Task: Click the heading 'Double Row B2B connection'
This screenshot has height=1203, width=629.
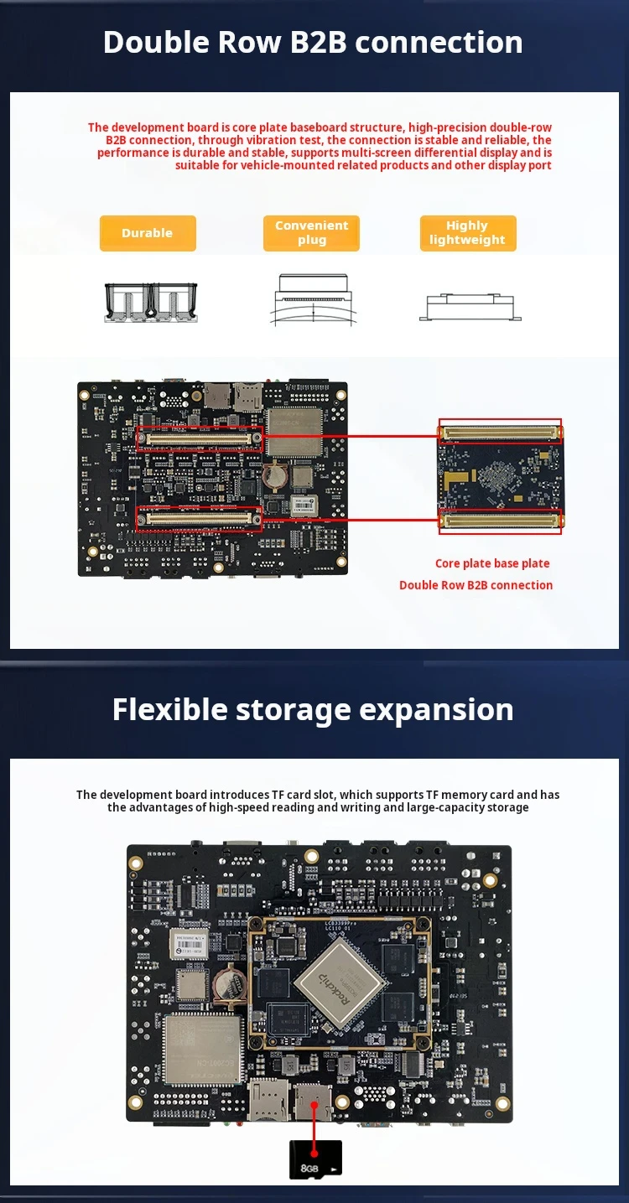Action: point(313,42)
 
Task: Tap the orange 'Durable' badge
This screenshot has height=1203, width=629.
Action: point(148,233)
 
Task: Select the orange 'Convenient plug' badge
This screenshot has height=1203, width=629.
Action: point(311,233)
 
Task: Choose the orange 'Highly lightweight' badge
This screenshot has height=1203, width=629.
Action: point(468,233)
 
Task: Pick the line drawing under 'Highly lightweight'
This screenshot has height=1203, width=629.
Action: point(470,305)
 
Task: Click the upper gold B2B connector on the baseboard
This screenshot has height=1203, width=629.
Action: point(200,438)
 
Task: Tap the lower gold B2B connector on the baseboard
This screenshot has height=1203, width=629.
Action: point(200,519)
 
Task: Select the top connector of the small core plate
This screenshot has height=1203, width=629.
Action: point(502,432)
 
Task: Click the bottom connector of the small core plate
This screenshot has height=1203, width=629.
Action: point(502,521)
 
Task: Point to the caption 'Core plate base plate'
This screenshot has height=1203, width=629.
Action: point(492,563)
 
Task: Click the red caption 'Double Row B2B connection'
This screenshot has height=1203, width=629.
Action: point(476,585)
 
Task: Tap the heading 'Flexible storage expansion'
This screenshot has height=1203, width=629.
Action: point(313,709)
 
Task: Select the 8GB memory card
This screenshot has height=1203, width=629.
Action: point(315,1159)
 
